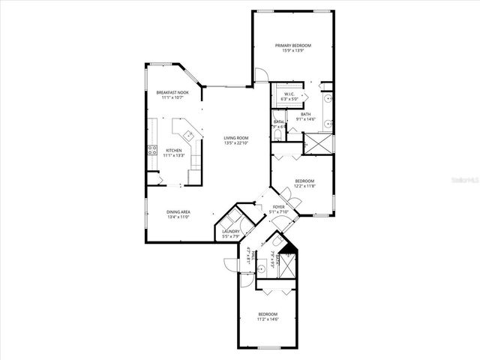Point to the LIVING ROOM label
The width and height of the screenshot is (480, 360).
235,138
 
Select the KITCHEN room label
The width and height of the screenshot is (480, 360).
173,150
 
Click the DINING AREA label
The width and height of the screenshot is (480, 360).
178,212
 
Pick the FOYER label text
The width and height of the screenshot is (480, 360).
278,206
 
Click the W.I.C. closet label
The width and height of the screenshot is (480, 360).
289,94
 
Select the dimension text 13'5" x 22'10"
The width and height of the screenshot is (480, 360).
235,143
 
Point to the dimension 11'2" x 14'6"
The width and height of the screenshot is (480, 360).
268,319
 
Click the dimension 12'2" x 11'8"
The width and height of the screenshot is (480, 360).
304,185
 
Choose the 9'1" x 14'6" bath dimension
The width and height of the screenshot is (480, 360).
306,118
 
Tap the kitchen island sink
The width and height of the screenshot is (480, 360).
191,135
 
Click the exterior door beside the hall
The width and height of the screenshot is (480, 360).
229,265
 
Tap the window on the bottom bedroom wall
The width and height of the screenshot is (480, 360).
268,346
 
